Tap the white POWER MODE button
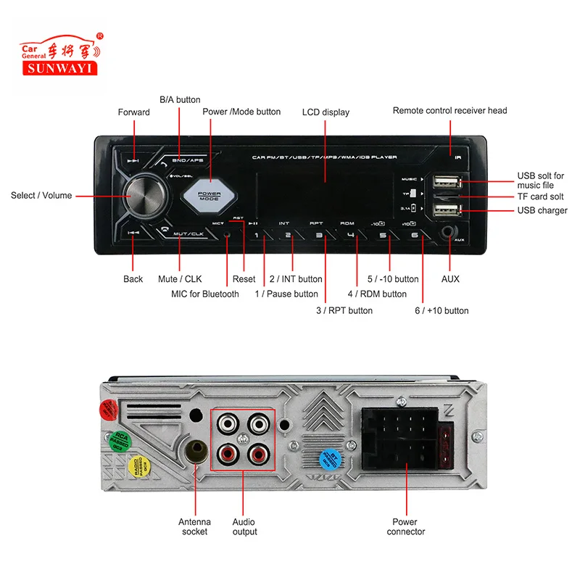click(x=210, y=196)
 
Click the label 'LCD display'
click(x=326, y=112)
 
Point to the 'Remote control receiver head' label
click(x=449, y=110)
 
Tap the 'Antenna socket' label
click(x=194, y=526)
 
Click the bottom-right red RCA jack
click(x=258, y=455)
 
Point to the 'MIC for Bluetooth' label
click(x=204, y=294)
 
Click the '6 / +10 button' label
click(x=442, y=310)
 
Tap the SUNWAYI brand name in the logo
click(x=62, y=69)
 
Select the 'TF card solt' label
click(x=539, y=196)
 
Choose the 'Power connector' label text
click(x=405, y=526)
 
